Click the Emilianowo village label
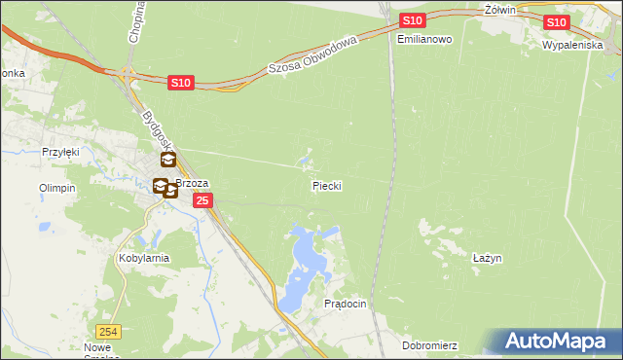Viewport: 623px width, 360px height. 425,40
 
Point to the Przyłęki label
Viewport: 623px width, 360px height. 58,152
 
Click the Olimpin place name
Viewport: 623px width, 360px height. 56,188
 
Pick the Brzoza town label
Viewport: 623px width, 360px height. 193,183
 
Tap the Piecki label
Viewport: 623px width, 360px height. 326,185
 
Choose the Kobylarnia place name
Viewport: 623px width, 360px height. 144,259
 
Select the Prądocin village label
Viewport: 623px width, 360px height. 345,305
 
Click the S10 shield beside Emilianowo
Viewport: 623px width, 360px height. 412,20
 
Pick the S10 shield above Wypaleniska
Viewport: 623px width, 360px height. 556,22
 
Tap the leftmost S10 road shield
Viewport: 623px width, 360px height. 180,85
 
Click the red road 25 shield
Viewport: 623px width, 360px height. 202,200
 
